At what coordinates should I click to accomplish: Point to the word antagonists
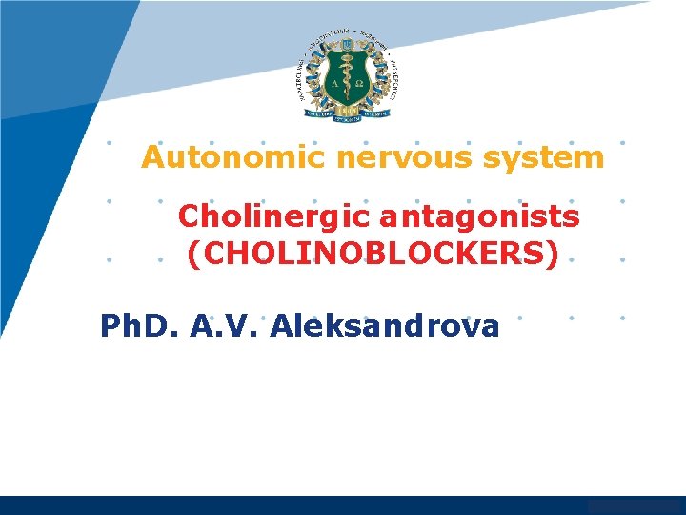click(479, 217)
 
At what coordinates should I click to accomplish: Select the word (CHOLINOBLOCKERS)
click(373, 255)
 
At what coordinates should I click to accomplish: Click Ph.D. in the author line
click(140, 327)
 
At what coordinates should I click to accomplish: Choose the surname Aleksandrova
click(385, 327)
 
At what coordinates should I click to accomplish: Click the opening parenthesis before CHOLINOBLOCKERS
click(193, 256)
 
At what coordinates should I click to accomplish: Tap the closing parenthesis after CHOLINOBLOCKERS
click(552, 256)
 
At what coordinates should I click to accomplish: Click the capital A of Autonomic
click(153, 157)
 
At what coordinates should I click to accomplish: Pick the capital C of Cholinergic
click(189, 217)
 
